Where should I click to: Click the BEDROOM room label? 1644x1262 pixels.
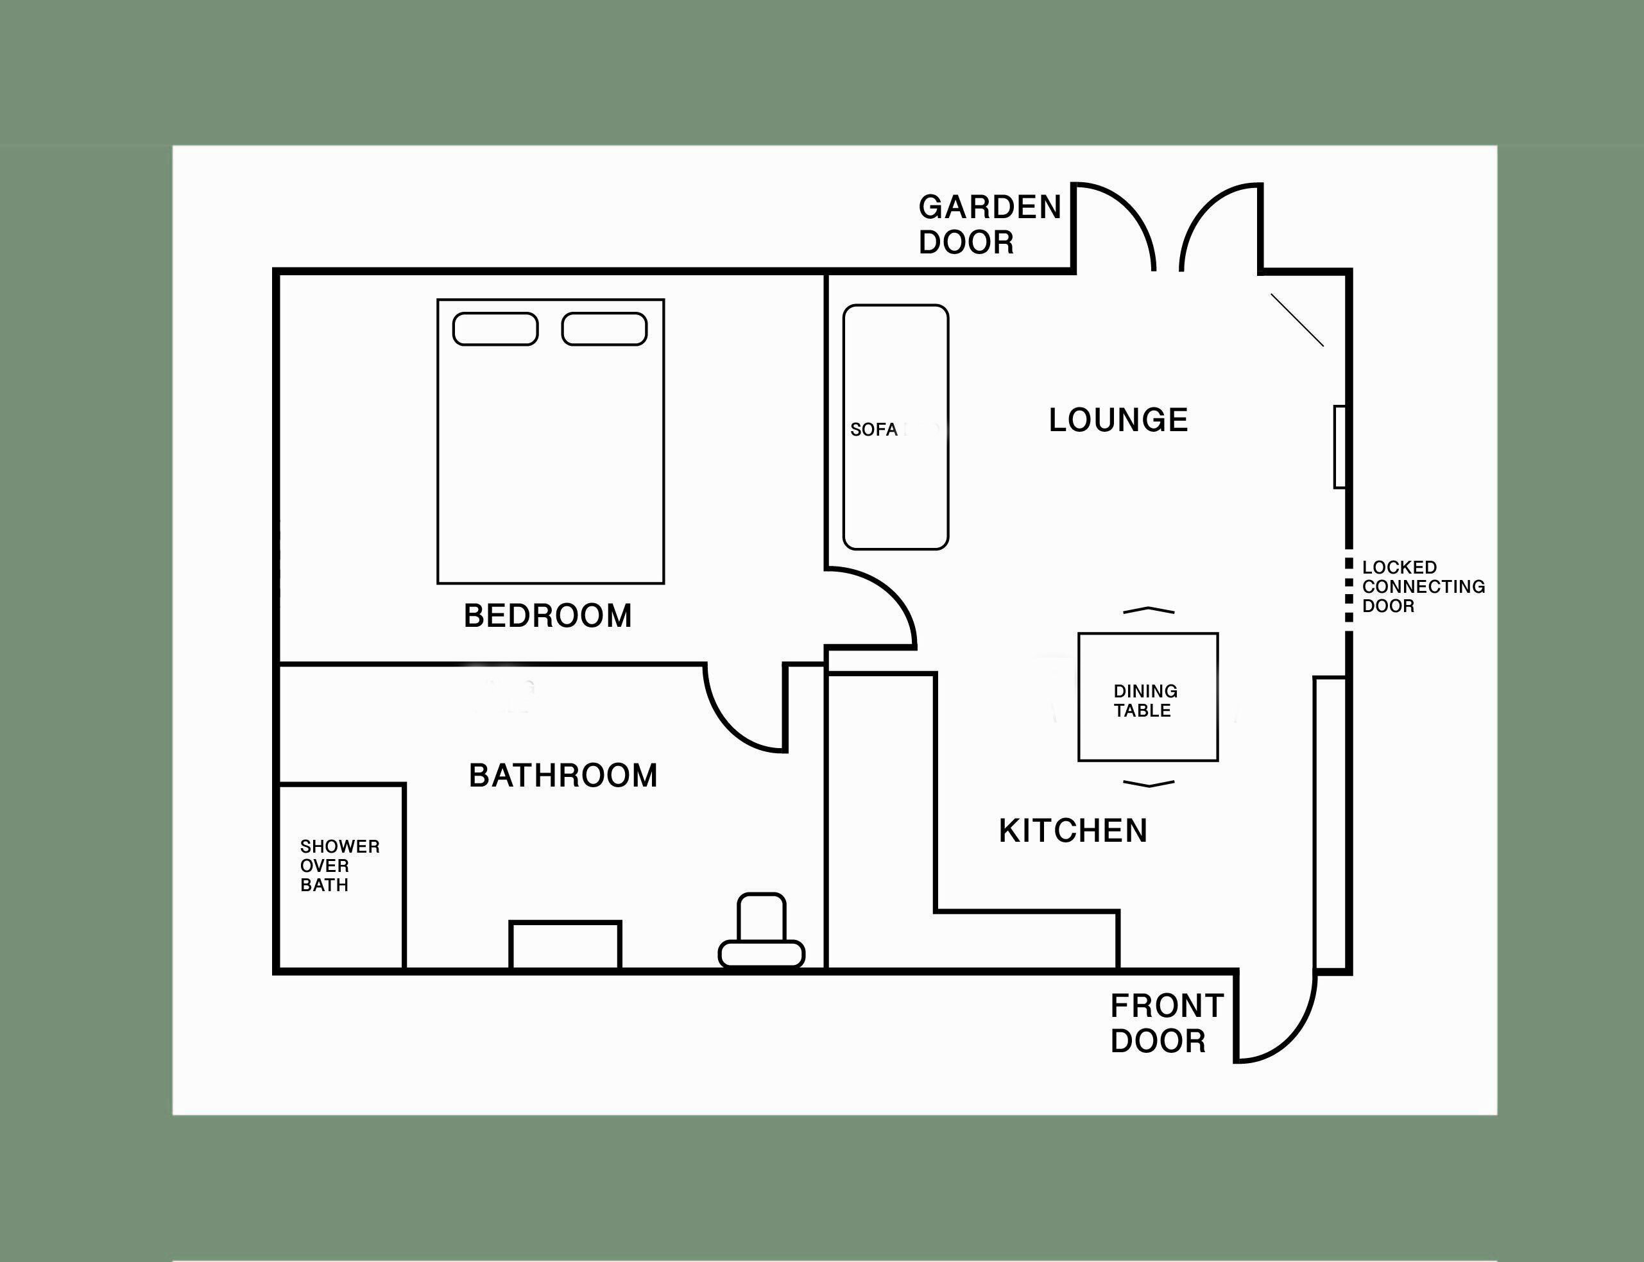[x=548, y=616]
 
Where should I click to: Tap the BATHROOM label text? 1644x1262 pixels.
[x=563, y=775]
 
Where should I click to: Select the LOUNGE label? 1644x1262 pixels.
[x=1118, y=420]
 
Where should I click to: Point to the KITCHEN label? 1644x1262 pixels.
[x=1073, y=831]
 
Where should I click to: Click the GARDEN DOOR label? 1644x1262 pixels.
[x=989, y=225]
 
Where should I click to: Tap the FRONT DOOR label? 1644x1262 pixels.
[x=1167, y=1023]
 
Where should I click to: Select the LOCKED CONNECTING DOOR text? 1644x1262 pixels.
[x=1423, y=586]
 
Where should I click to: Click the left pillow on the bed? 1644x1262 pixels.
[x=495, y=329]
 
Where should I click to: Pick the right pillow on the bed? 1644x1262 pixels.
[x=604, y=329]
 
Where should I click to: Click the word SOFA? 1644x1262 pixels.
[x=873, y=430]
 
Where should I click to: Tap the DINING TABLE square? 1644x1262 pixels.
[x=1148, y=697]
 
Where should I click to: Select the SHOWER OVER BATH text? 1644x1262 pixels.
[x=339, y=865]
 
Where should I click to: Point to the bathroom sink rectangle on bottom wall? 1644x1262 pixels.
[x=565, y=945]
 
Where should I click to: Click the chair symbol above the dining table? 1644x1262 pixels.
[x=1148, y=610]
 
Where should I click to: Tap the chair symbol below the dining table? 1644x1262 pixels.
[x=1148, y=784]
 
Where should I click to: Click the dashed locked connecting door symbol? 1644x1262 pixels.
[x=1349, y=590]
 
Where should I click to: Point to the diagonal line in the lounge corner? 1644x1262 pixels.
[x=1297, y=320]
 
